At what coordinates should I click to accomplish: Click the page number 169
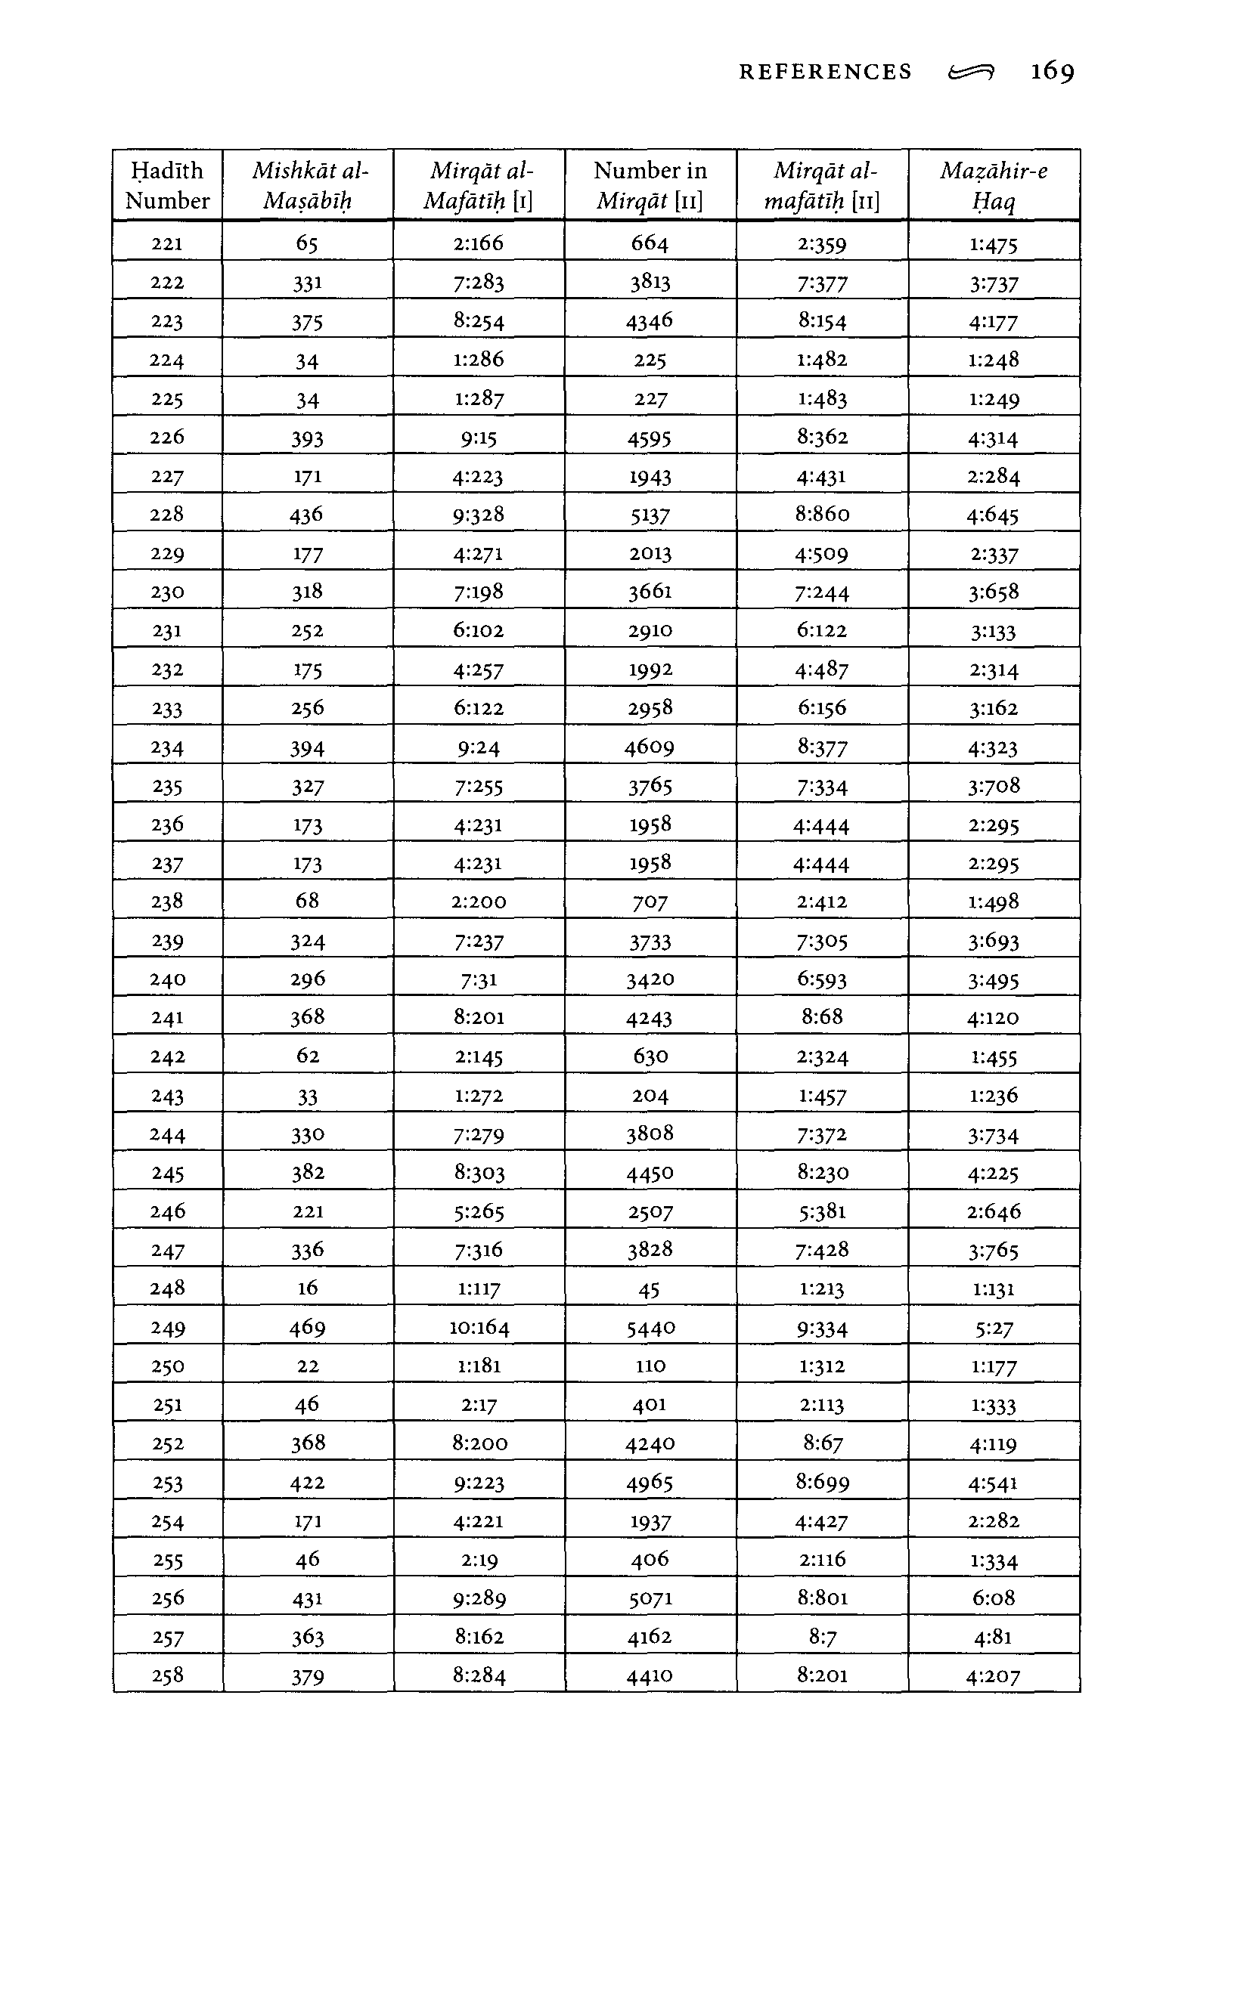1052,72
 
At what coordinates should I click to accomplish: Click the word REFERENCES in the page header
825,73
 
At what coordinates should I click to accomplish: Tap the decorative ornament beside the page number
971,73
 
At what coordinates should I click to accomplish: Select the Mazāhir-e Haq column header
994,185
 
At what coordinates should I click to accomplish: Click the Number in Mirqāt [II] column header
650,185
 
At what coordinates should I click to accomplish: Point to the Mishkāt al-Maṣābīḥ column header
309,185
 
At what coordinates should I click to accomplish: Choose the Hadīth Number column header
167,185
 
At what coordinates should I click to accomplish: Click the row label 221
167,243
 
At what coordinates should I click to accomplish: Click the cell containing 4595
650,438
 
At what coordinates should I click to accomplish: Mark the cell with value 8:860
822,515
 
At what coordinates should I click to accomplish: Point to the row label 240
167,979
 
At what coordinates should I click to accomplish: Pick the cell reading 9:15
479,438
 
